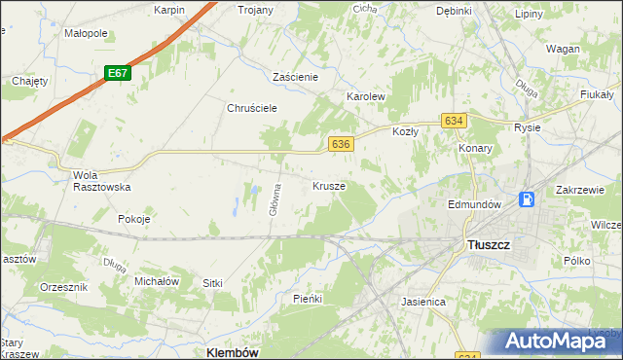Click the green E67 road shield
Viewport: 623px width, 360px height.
[x=118, y=73]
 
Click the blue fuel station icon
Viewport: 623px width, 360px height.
[x=527, y=199]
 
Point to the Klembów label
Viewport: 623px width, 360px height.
[x=233, y=352]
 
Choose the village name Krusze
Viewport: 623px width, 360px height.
[x=329, y=185]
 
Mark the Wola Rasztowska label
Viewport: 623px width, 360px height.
[x=101, y=181]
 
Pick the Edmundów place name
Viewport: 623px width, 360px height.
[x=474, y=204]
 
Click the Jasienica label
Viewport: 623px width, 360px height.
[x=423, y=302]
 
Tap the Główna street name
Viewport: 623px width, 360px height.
[x=276, y=199]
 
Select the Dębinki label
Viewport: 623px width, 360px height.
[x=454, y=11]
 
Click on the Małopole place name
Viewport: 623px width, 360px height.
[x=86, y=32]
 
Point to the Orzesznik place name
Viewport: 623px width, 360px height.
[x=64, y=288]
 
